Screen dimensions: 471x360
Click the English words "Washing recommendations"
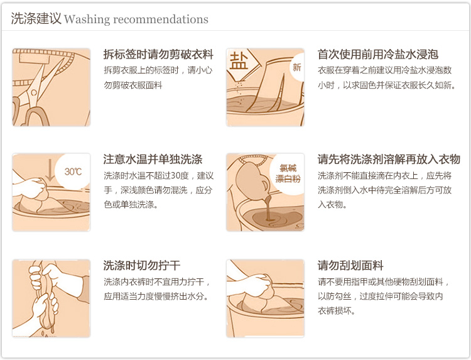click(136, 19)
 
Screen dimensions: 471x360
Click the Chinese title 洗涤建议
click(36, 19)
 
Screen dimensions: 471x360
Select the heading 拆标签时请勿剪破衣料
click(158, 55)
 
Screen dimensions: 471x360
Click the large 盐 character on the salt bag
click(239, 62)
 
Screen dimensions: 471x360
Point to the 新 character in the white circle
click(297, 67)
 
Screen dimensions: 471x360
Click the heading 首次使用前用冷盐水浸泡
click(378, 55)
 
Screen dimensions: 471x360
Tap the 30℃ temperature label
click(73, 172)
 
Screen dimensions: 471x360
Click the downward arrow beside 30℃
click(50, 170)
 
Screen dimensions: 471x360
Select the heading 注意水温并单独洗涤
click(153, 159)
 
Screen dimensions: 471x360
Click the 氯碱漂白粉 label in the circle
click(288, 173)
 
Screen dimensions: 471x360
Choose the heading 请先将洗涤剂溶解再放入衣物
click(389, 159)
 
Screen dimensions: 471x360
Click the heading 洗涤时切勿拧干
click(142, 265)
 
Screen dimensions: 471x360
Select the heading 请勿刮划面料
click(350, 265)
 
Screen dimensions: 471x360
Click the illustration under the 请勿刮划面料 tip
click(265, 298)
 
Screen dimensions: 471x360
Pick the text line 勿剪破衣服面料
click(133, 85)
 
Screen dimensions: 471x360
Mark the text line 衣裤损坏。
click(337, 311)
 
